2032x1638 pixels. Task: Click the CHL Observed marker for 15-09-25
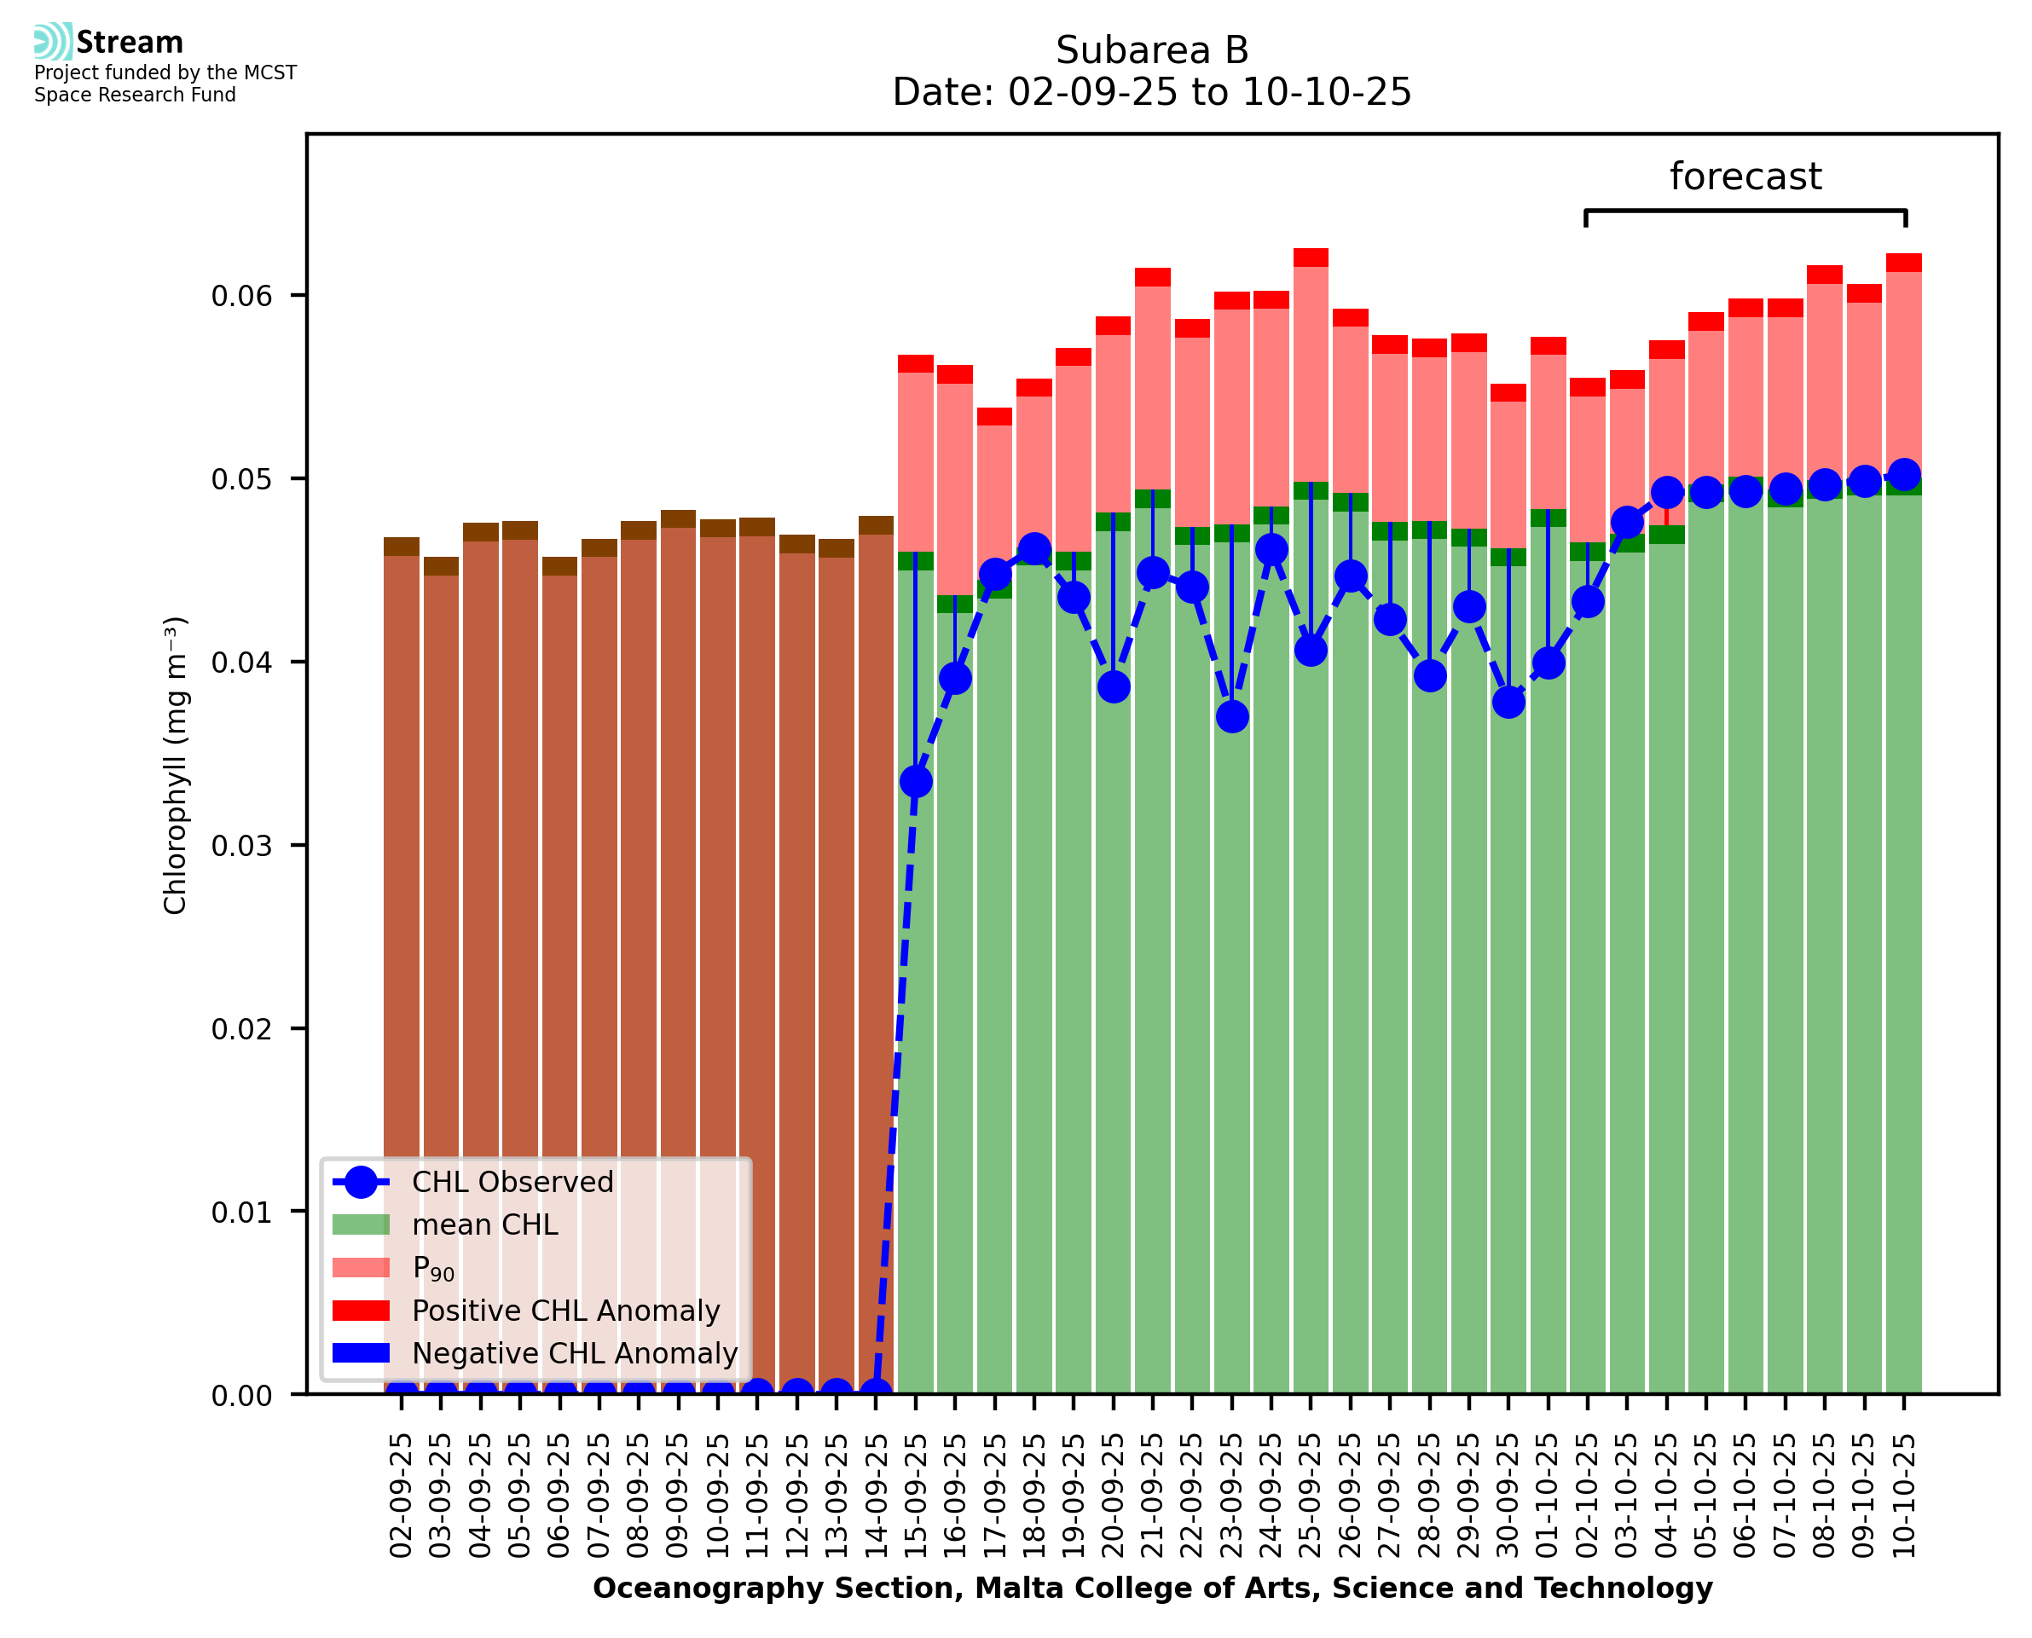pyautogui.click(x=915, y=781)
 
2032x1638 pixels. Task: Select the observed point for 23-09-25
pyautogui.click(x=1232, y=717)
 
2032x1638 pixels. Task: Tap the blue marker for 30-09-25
pyautogui.click(x=1508, y=702)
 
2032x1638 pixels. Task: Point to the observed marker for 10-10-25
pyautogui.click(x=1904, y=475)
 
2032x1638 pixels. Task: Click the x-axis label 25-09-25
pyautogui.click(x=1311, y=1496)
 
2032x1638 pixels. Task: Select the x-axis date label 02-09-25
pyautogui.click(x=401, y=1496)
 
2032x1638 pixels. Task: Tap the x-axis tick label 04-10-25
pyautogui.click(x=1667, y=1496)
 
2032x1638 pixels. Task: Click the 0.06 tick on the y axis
pyautogui.click(x=240, y=296)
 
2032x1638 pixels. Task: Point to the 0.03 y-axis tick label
pyautogui.click(x=240, y=845)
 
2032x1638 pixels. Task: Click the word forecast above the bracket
pyautogui.click(x=1745, y=177)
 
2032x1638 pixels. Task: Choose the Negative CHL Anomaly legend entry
pyautogui.click(x=574, y=1353)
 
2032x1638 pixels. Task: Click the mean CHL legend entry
pyautogui.click(x=485, y=1224)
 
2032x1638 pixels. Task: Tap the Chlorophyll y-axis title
pyautogui.click(x=176, y=765)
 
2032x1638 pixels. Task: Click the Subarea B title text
pyautogui.click(x=1152, y=50)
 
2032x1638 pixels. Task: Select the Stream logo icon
pyautogui.click(x=53, y=42)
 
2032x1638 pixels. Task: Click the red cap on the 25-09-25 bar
pyautogui.click(x=1311, y=258)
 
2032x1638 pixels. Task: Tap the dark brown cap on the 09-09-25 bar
pyautogui.click(x=678, y=519)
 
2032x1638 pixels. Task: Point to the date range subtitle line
pyautogui.click(x=1152, y=92)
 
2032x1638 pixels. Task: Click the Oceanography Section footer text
pyautogui.click(x=1152, y=1589)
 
